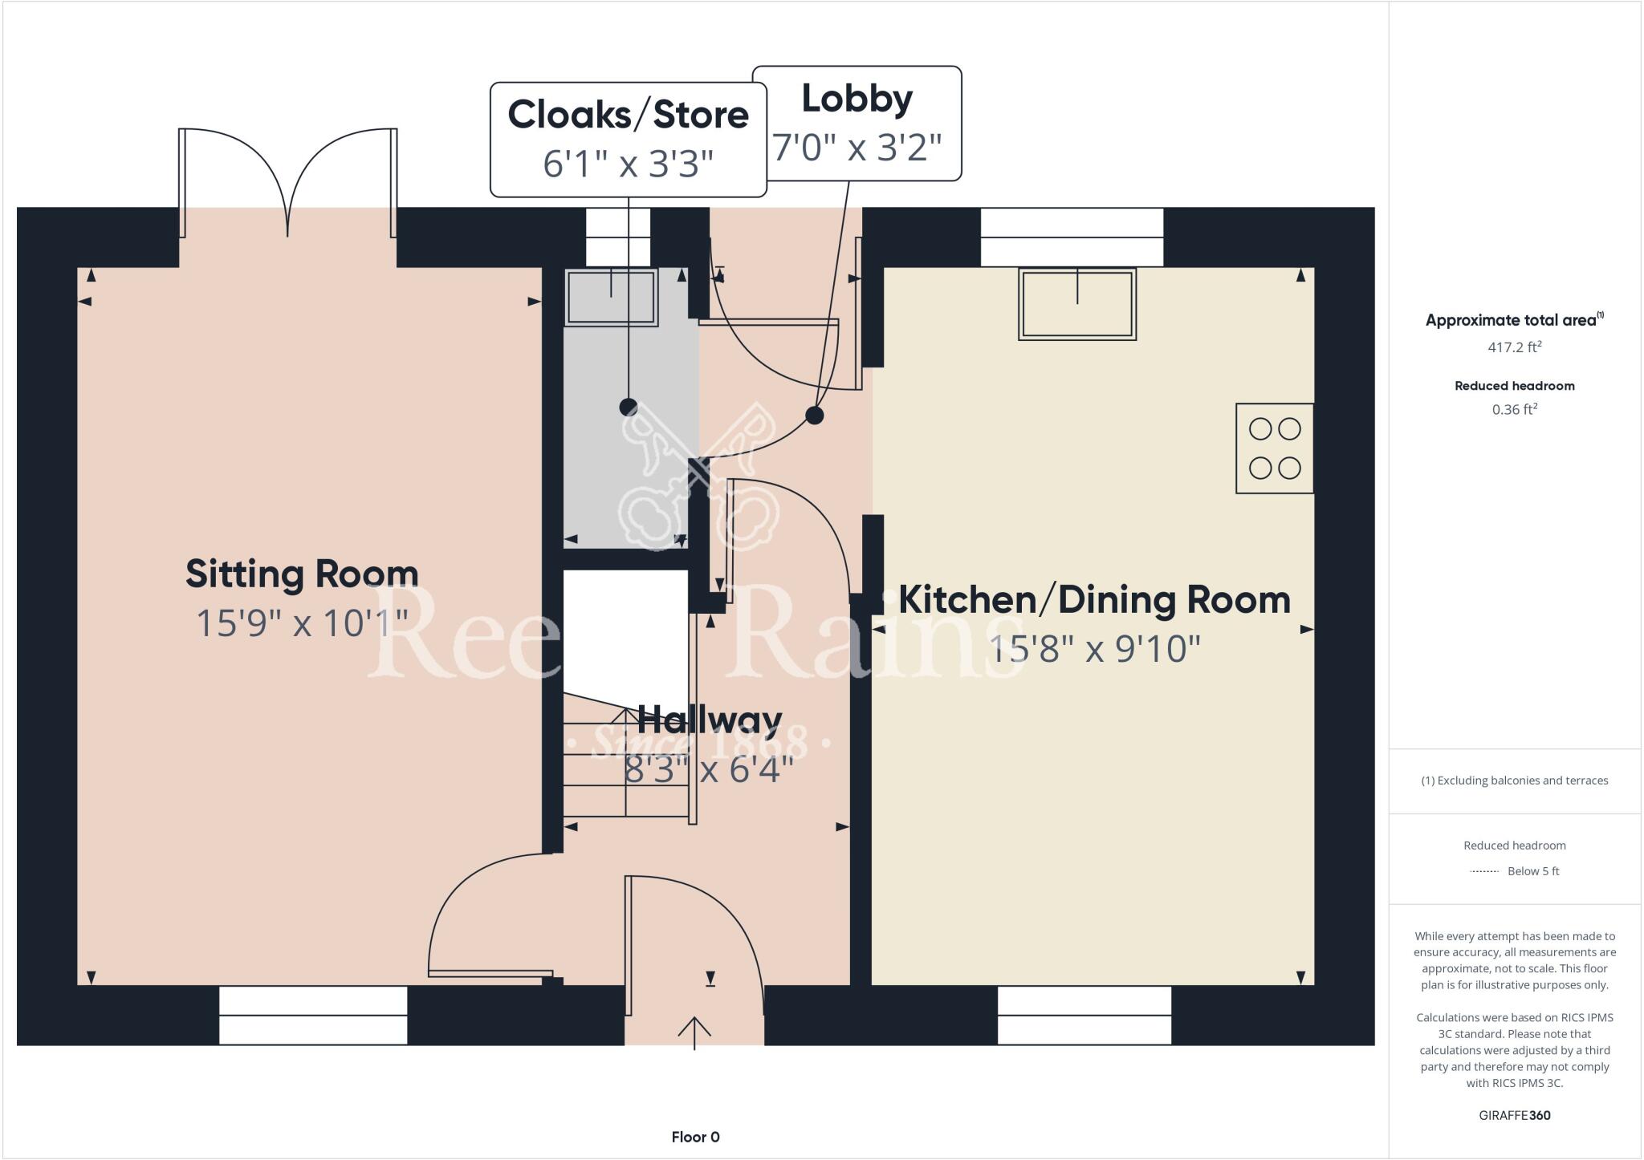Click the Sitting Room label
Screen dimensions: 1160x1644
click(302, 574)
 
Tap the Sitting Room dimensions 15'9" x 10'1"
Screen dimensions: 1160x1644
click(302, 623)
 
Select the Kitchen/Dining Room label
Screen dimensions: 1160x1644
click(1093, 600)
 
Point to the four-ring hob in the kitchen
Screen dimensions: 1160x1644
click(1274, 448)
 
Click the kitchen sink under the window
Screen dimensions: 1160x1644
click(1076, 304)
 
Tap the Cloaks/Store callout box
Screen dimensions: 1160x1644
click(628, 139)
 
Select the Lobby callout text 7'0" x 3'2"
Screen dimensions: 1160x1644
click(857, 148)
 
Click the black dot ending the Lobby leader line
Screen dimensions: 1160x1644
click(814, 415)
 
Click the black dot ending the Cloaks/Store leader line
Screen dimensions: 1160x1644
click(628, 407)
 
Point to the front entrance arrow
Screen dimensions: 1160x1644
click(694, 1032)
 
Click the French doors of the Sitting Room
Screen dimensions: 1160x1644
click(287, 183)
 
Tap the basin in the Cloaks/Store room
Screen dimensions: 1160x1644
click(612, 297)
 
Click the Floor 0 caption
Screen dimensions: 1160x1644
click(695, 1137)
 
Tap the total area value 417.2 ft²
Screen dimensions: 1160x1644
click(1514, 347)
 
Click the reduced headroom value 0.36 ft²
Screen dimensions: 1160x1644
click(1514, 409)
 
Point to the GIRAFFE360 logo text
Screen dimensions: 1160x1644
click(1514, 1115)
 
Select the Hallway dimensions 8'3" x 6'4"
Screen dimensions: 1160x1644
click(709, 771)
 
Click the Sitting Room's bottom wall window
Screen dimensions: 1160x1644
click(313, 1016)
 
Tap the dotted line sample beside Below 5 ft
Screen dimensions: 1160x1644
click(1484, 871)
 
